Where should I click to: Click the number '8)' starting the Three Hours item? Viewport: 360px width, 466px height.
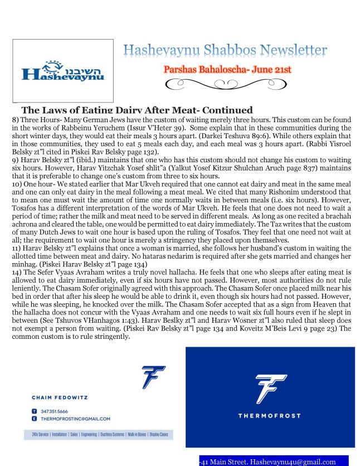coord(6,119)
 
